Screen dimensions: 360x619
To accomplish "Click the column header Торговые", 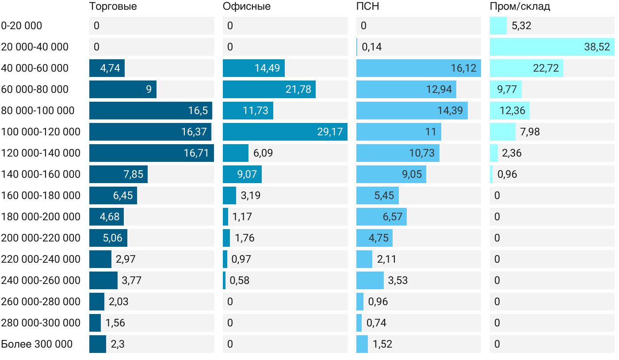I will pos(113,7).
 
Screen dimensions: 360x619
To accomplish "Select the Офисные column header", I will pos(246,7).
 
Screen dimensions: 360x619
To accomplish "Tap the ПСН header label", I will pos(368,7).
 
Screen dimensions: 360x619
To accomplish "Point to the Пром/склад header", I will pos(520,7).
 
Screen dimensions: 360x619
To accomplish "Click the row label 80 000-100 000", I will pos(38,111).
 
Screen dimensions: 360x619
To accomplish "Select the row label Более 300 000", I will pos(37,344).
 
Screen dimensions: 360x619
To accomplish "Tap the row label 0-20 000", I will pos(22,26).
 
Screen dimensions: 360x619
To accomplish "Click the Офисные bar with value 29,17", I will pos(285,132).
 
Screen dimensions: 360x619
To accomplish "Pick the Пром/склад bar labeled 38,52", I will pos(552,47).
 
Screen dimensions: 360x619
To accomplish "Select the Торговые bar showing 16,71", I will pos(151,153).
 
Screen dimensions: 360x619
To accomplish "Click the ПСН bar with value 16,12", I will pos(418,68).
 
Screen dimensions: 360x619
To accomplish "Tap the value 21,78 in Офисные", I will pos(298,89).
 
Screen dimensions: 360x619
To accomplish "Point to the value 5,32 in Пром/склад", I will pos(521,26).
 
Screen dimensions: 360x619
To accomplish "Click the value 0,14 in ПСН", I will pos(372,47).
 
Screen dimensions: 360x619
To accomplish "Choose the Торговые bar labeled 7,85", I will pos(118,174).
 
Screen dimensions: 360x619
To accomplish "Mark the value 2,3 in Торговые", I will pos(117,344).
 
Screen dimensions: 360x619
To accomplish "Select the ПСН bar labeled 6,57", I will pos(381,217).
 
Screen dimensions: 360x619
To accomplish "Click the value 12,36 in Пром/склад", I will pos(512,111).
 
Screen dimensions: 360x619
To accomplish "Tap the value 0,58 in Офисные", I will pos(240,280).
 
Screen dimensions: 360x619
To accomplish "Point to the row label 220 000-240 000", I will pos(41,259).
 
